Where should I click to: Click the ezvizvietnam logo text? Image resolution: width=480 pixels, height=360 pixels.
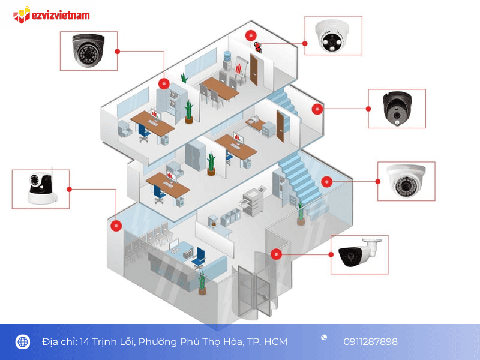(61, 16)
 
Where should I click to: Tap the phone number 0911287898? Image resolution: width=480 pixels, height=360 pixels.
(370, 341)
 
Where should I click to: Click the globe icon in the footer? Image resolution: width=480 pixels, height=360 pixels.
(23, 341)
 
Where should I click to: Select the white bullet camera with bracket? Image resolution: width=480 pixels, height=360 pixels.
(359, 253)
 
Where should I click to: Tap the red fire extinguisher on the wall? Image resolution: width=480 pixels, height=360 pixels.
(258, 47)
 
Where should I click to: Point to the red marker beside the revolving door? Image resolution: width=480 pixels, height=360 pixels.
(276, 254)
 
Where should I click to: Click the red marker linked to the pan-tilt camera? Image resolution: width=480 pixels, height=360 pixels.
(116, 226)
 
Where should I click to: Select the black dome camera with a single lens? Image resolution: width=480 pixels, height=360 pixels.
(397, 108)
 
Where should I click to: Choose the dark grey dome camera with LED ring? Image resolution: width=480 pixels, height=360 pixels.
(88, 50)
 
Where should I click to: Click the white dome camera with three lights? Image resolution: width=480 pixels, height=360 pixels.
(332, 36)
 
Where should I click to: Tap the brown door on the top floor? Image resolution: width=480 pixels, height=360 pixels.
(254, 70)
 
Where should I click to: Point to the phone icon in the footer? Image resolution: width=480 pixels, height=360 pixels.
(324, 337)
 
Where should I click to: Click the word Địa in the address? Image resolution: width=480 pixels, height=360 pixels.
(50, 341)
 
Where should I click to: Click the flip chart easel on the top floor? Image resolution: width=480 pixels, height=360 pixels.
(241, 70)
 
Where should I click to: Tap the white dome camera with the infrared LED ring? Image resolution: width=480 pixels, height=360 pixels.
(406, 181)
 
